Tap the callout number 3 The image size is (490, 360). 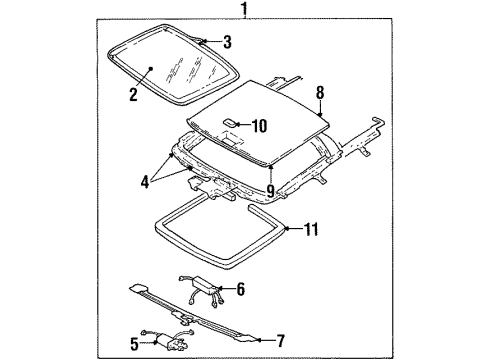point(227,42)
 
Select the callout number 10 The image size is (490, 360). point(259,126)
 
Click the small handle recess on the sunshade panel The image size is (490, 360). point(228,125)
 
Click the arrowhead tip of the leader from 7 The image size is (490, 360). point(248,339)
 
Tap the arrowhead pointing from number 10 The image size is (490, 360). point(238,126)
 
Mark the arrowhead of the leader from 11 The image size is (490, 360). point(287,230)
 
